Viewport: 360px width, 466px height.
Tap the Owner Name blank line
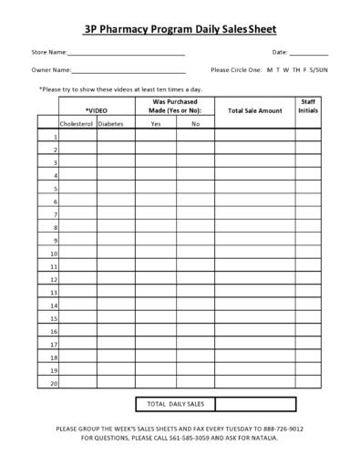pyautogui.click(x=128, y=72)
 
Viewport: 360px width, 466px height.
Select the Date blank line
pyautogui.click(x=309, y=56)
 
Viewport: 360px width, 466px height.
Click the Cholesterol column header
pyautogui.click(x=77, y=123)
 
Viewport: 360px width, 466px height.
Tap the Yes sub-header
pyautogui.click(x=156, y=123)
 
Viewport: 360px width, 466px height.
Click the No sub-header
pyautogui.click(x=195, y=123)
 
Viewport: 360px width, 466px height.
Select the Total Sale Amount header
pyautogui.click(x=255, y=110)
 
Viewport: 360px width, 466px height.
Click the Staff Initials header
pyautogui.click(x=308, y=106)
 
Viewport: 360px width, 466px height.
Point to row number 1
pyautogui.click(x=55, y=136)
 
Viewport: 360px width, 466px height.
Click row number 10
pyautogui.click(x=54, y=254)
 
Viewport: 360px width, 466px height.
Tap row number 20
pyautogui.click(x=54, y=384)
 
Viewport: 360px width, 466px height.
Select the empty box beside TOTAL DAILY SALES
pyautogui.click(x=255, y=404)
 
